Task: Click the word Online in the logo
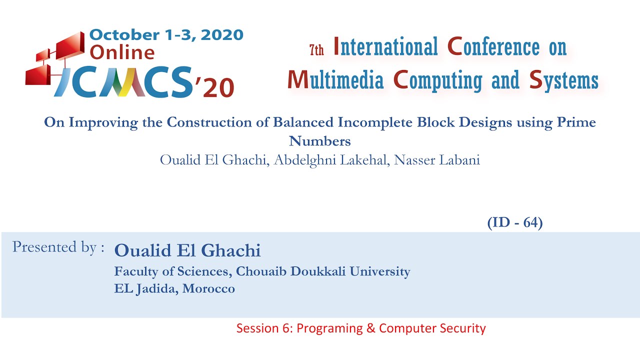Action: click(x=122, y=52)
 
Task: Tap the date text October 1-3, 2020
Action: click(x=166, y=34)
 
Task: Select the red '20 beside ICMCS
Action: click(x=214, y=88)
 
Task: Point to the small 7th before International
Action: click(x=316, y=49)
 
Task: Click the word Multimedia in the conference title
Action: click(x=335, y=79)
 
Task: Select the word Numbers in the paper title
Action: click(x=320, y=141)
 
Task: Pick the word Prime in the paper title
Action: click(x=574, y=122)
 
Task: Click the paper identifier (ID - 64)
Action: click(x=514, y=223)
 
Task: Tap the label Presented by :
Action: click(x=58, y=247)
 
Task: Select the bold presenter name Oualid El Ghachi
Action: click(x=187, y=250)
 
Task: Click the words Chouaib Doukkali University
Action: click(x=323, y=271)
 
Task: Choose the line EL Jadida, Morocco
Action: click(x=174, y=288)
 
